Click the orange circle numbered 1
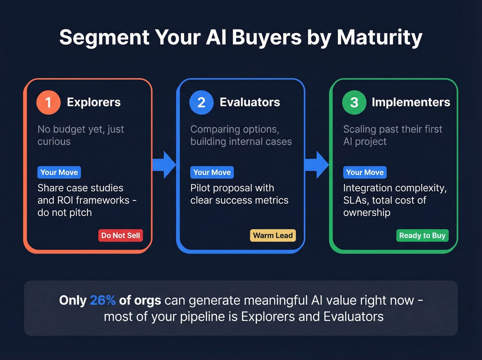point(49,102)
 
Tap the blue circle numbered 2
point(201,102)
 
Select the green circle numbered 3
point(354,102)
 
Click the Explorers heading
point(94,102)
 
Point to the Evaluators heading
point(250,102)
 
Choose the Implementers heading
point(411,102)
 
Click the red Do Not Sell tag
point(120,236)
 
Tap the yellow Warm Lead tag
point(273,236)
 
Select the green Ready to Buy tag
point(422,236)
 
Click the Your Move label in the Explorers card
point(59,172)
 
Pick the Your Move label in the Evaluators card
point(212,172)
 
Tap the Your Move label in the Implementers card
point(365,172)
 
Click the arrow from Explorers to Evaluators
point(165,165)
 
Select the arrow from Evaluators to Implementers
point(317,165)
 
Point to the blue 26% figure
point(103,300)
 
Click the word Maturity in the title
point(379,37)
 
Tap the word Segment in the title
point(104,37)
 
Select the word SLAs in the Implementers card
point(355,200)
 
